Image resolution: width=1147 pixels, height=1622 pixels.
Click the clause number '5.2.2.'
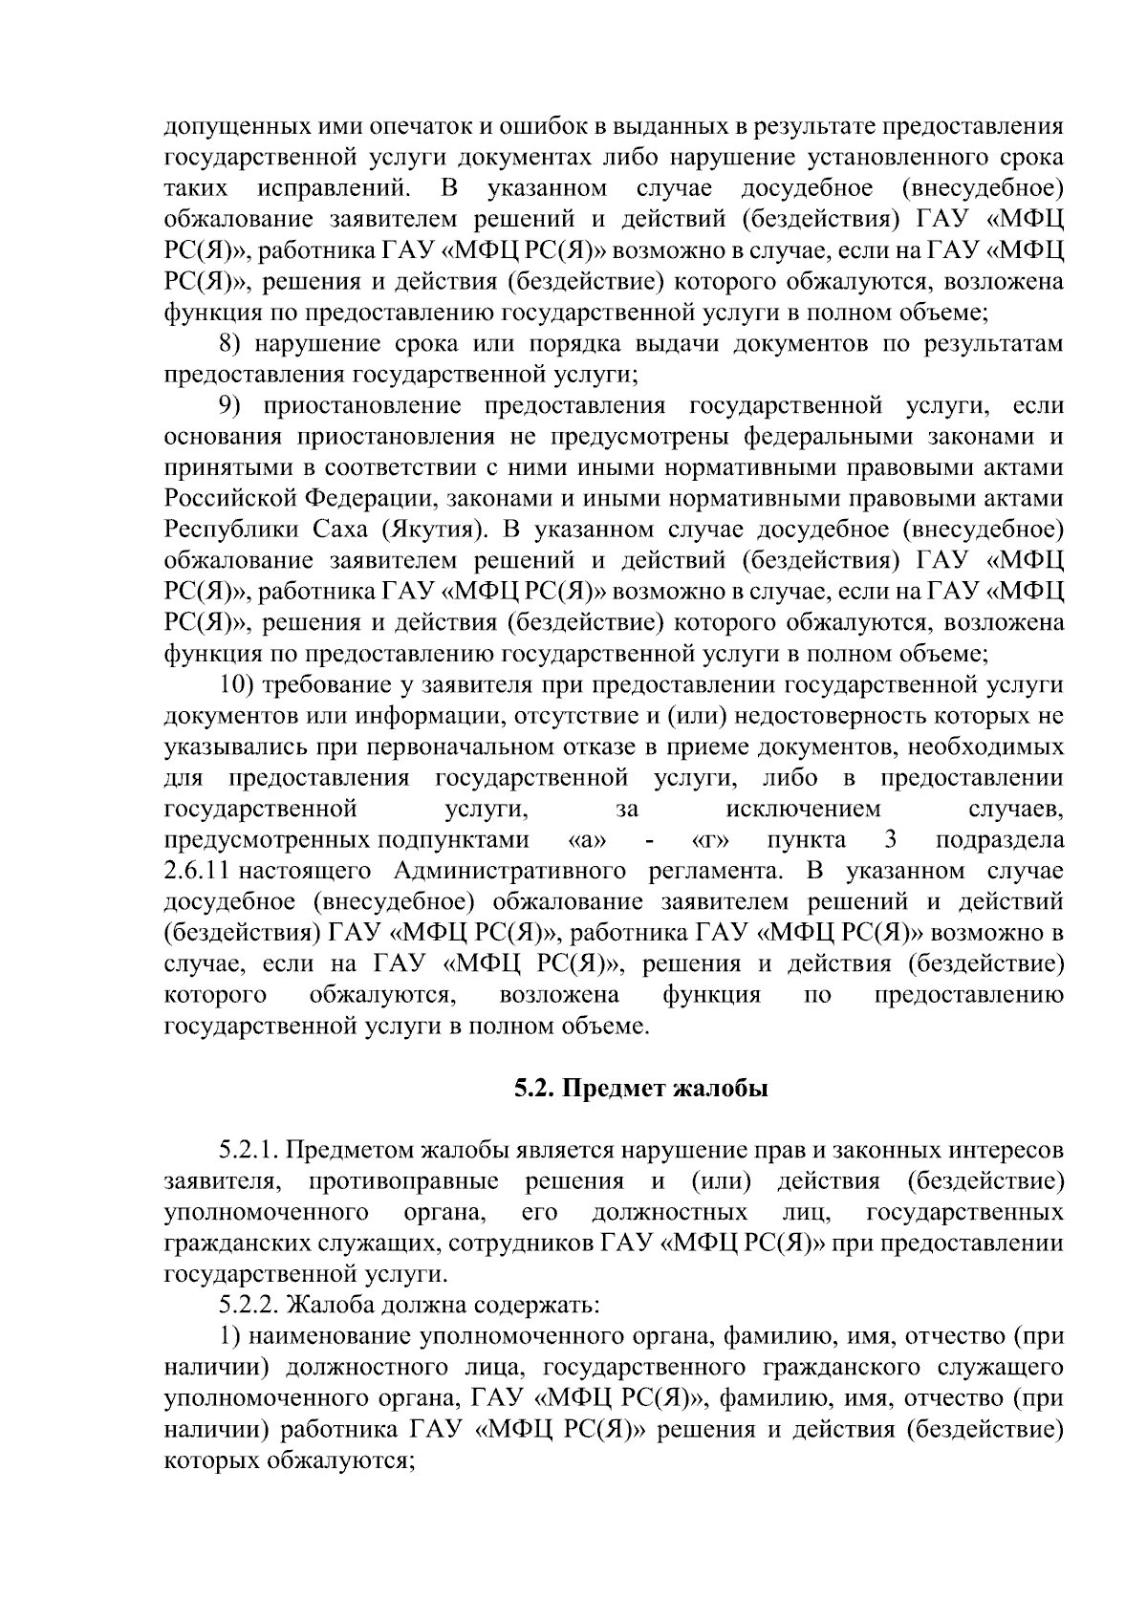pyautogui.click(x=249, y=1306)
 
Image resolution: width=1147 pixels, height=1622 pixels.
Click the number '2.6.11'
pyautogui.click(x=198, y=871)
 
